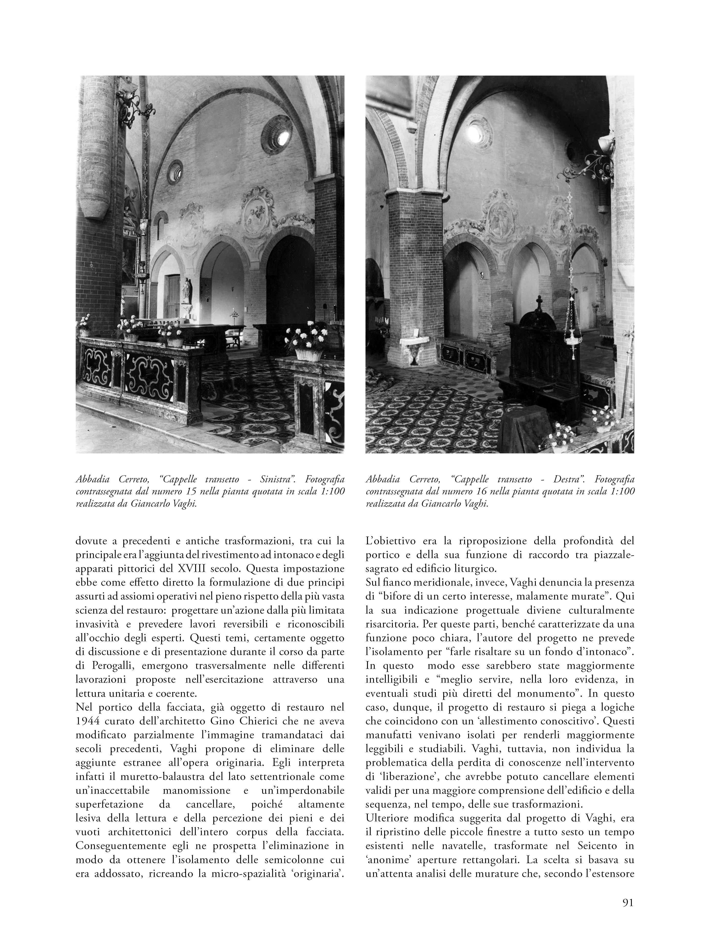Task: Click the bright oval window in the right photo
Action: (474, 129)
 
